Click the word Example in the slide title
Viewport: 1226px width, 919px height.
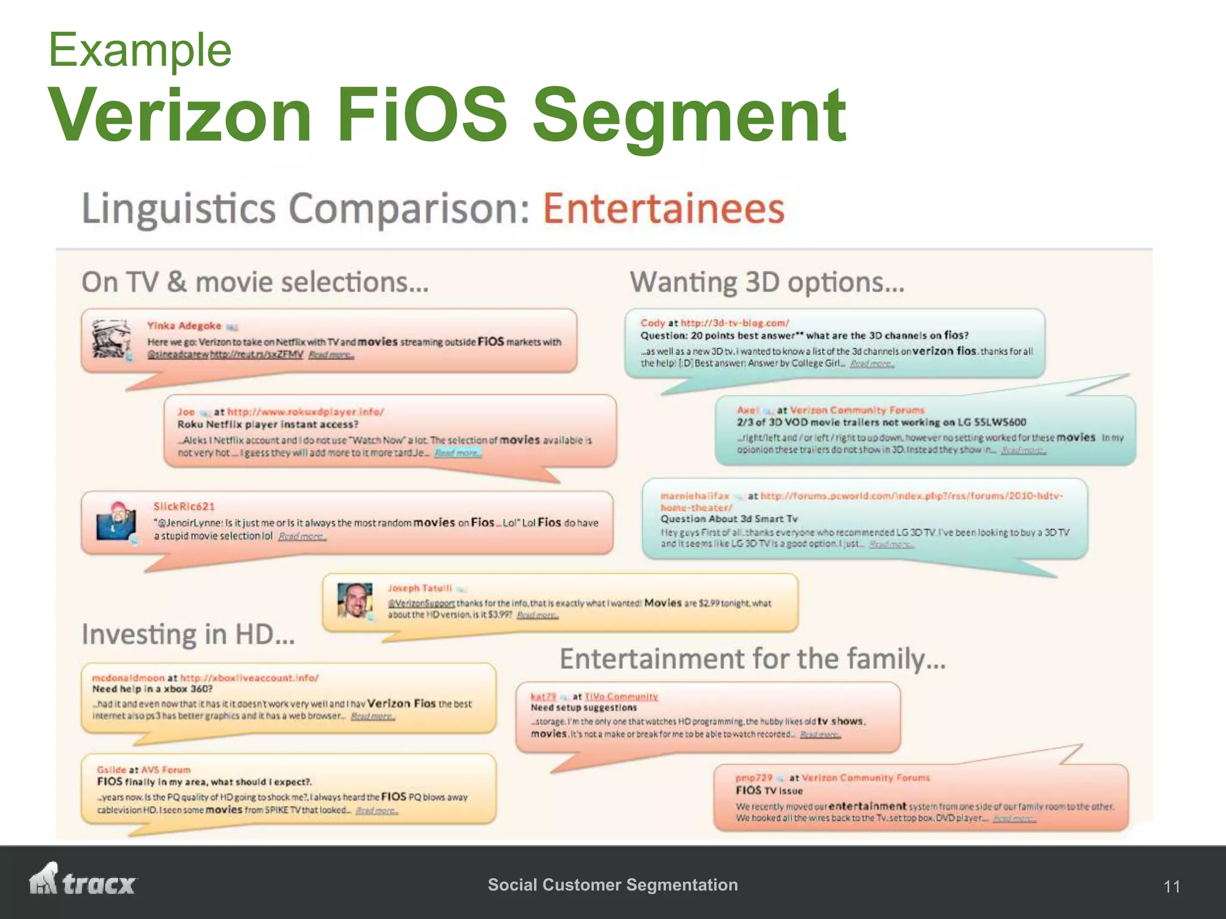coord(140,50)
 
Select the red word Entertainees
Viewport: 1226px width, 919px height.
coord(663,209)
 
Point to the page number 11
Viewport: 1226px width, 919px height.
coord(1172,887)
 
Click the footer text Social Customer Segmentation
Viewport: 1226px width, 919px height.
coord(612,885)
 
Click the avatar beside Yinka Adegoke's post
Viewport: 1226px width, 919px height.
coord(111,339)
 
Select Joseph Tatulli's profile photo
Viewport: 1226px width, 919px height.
coord(354,600)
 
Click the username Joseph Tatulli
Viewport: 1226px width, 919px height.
coord(420,589)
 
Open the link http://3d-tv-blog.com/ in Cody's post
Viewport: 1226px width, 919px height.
coord(735,323)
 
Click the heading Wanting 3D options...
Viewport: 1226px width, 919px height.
coord(767,282)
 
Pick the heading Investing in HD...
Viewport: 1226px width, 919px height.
coord(188,634)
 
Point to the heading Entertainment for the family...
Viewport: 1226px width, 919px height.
coord(752,659)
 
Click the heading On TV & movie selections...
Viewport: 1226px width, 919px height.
coord(255,282)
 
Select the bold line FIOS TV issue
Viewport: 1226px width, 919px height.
coord(769,791)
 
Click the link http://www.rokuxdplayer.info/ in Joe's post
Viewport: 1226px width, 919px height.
coord(305,412)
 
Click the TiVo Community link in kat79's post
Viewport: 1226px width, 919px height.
coord(621,696)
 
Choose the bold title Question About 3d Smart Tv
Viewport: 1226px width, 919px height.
coord(729,519)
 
